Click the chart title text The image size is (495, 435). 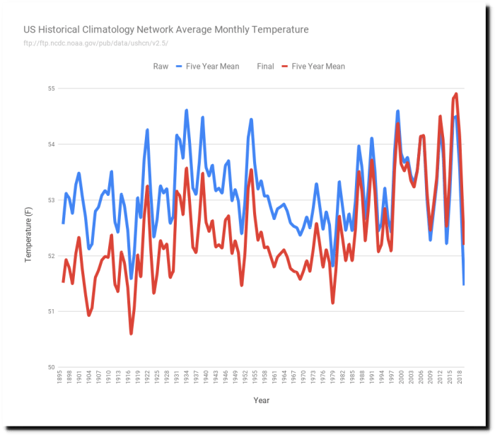(x=166, y=30)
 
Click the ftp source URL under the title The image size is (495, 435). (x=96, y=43)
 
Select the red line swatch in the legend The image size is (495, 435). (x=281, y=66)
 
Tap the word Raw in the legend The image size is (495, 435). (x=160, y=66)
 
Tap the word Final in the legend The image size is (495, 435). (x=266, y=66)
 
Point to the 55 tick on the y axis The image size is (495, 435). (x=51, y=89)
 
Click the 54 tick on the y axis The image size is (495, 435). (x=51, y=144)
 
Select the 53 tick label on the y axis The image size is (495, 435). (x=51, y=200)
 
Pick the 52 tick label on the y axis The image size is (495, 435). (x=51, y=256)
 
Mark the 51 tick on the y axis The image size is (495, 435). (x=51, y=311)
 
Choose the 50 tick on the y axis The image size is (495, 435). (x=51, y=367)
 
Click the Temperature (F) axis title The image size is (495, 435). (x=29, y=228)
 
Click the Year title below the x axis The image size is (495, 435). (x=262, y=401)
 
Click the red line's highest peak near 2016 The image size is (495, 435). (x=456, y=94)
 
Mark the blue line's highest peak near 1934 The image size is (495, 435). (x=187, y=110)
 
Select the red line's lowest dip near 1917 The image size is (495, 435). (x=132, y=333)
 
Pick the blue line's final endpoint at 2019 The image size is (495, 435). (x=463, y=284)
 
